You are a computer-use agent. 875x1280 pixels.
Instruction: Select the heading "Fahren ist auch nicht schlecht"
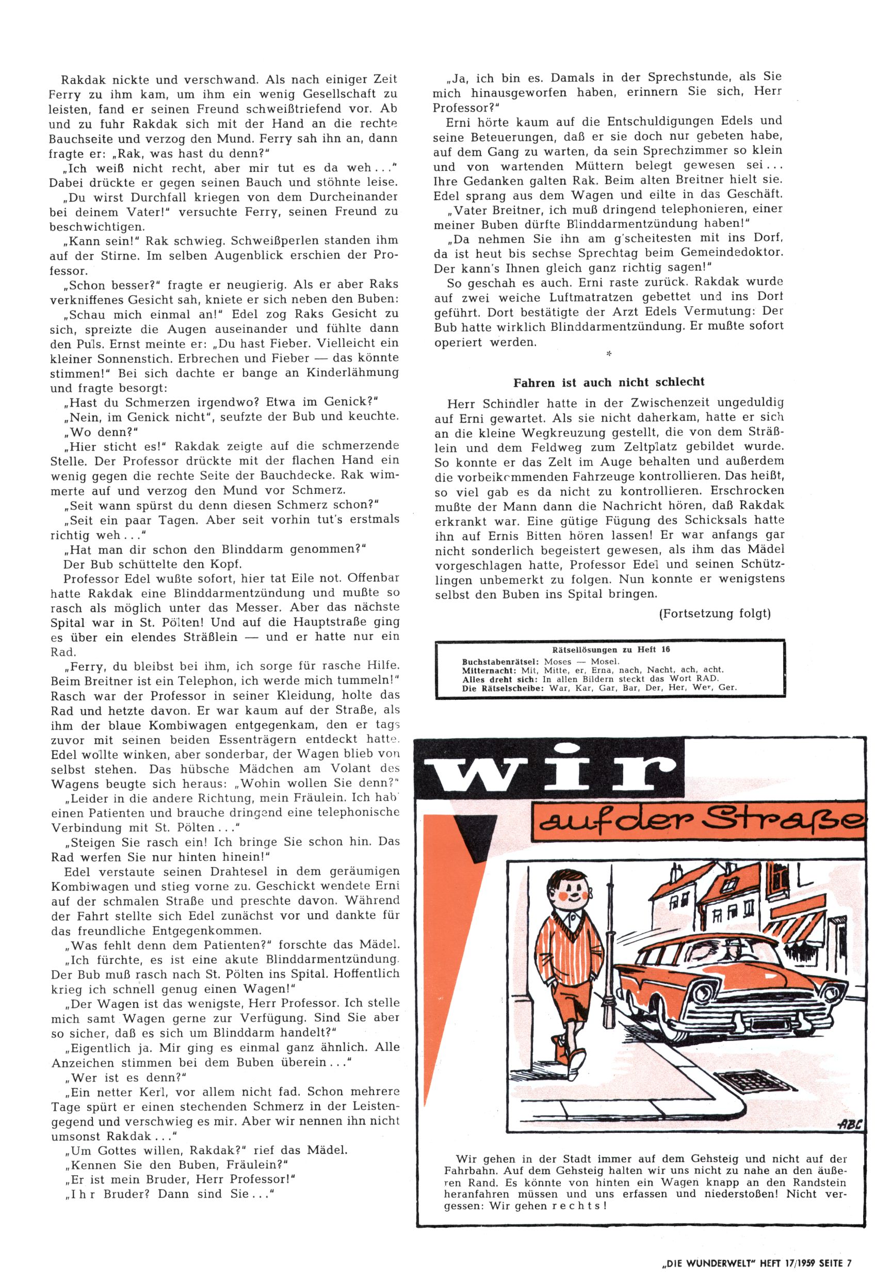[609, 382]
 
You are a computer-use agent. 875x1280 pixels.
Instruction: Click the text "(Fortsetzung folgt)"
[714, 614]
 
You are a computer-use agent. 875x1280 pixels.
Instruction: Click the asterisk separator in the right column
[608, 355]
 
